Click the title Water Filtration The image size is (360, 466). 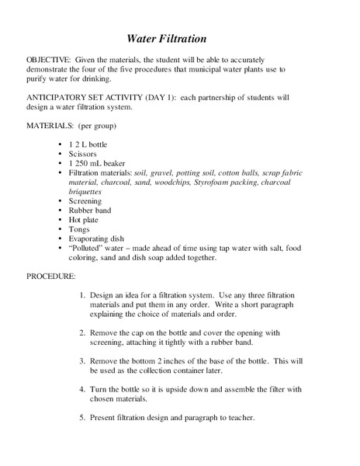166,38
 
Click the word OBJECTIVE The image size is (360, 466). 48,60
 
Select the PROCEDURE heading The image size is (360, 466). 51,276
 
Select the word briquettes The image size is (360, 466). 85,191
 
